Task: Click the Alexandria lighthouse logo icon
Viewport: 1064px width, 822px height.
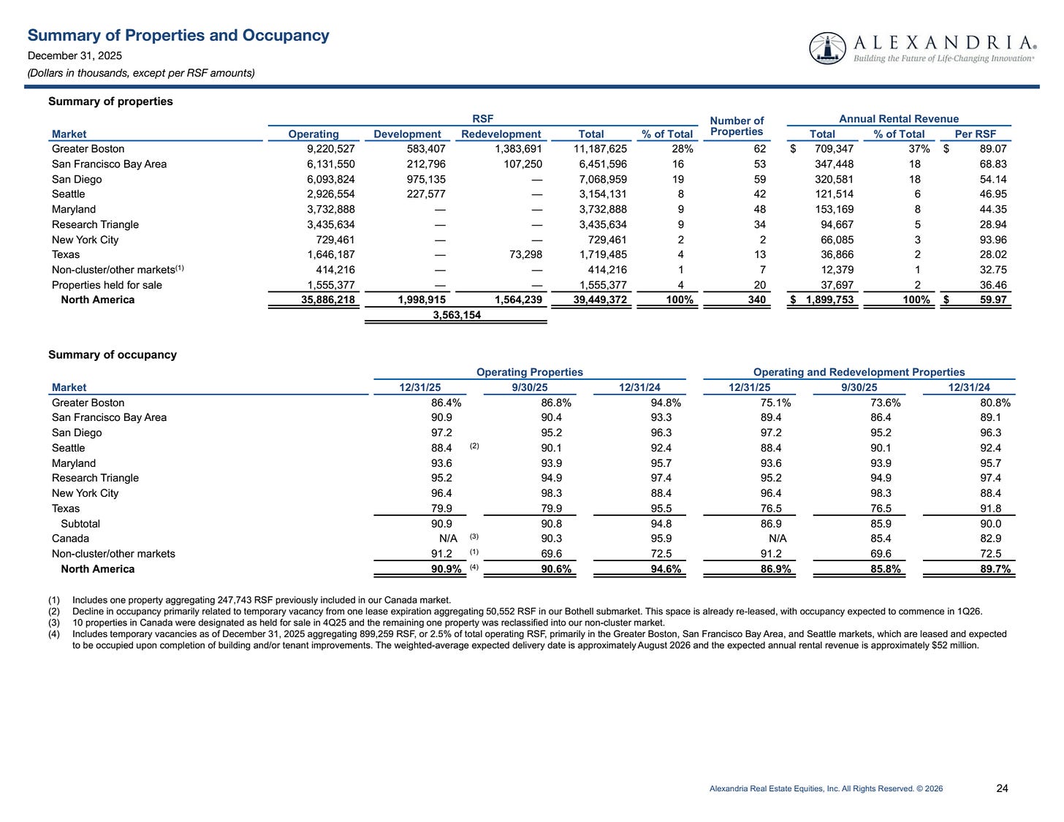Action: [x=827, y=48]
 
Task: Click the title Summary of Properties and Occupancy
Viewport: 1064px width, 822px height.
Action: [x=178, y=35]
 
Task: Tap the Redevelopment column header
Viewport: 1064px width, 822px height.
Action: [x=501, y=134]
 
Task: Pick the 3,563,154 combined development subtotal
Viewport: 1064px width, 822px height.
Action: [x=457, y=316]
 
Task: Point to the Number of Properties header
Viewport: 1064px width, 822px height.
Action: [x=737, y=126]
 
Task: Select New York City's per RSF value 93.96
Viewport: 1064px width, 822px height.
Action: [x=992, y=240]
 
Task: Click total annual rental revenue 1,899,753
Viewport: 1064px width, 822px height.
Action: [x=829, y=300]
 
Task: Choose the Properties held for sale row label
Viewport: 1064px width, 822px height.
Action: [x=107, y=285]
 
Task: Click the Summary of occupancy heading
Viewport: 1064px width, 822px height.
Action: [x=113, y=354]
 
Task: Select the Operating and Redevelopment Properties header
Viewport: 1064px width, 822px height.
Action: [x=859, y=372]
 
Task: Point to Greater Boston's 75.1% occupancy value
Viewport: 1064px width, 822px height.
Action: [x=775, y=403]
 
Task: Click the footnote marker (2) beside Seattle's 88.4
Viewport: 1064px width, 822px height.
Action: [x=474, y=446]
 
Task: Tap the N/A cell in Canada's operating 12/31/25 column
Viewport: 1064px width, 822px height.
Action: [x=448, y=539]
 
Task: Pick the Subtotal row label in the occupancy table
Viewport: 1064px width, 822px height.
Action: [x=80, y=524]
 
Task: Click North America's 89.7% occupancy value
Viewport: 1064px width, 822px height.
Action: [x=995, y=569]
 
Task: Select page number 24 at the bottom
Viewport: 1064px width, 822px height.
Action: [x=1002, y=788]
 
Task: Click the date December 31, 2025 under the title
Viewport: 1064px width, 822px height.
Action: [x=75, y=56]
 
